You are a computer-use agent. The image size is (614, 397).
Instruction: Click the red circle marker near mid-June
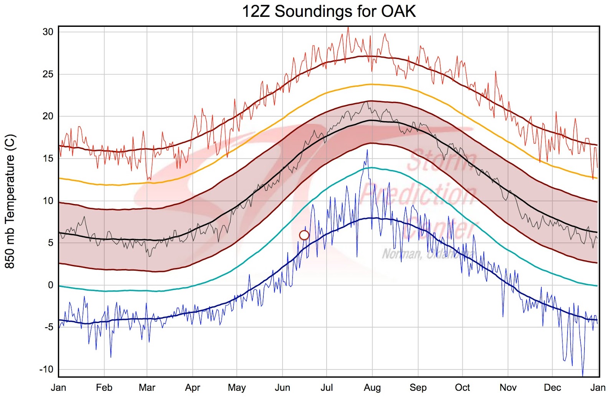click(304, 235)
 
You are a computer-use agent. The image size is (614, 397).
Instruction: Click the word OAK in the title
click(398, 12)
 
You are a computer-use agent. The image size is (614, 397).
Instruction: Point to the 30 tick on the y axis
click(48, 32)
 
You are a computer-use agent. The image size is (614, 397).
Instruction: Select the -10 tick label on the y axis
click(46, 369)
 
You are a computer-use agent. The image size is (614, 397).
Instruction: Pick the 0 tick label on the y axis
click(51, 285)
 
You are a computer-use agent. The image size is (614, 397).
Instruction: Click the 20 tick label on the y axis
click(48, 116)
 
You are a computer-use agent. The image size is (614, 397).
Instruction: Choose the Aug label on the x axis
click(372, 387)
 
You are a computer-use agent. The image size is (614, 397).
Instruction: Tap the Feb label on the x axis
click(104, 387)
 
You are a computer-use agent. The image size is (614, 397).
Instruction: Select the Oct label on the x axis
click(462, 387)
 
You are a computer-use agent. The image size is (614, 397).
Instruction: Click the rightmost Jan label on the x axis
click(597, 387)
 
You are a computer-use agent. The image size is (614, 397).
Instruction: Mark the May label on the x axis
click(237, 387)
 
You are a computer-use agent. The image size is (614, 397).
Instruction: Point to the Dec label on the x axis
click(552, 387)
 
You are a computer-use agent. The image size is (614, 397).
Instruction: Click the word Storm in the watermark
click(441, 161)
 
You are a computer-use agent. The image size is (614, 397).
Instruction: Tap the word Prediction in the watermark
click(418, 194)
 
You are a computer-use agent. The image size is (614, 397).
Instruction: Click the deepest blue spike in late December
click(583, 375)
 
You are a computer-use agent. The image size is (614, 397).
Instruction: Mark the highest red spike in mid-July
click(348, 27)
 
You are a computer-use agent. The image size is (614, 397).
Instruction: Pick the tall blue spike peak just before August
click(367, 150)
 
